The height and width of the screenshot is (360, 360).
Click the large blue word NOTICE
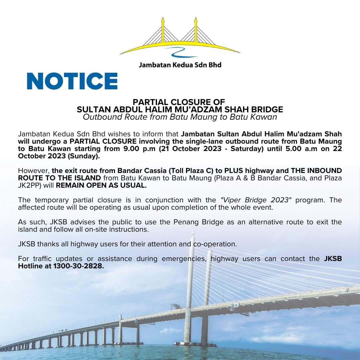point(72,81)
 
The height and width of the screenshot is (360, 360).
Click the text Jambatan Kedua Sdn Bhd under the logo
point(180,65)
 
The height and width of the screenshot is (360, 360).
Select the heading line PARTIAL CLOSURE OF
point(179,102)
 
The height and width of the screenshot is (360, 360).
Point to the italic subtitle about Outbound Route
point(180,117)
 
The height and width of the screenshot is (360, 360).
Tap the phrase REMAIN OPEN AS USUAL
point(101,186)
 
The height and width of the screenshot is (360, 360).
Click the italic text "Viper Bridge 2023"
point(256,200)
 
